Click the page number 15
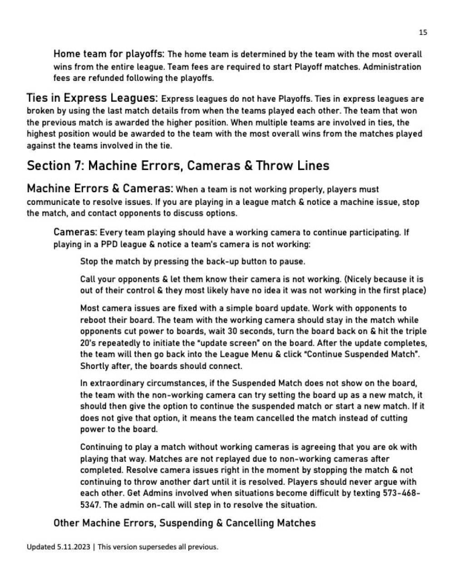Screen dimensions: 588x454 [423, 32]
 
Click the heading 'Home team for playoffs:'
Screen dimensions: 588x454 [109, 54]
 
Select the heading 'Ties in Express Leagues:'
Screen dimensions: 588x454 [92, 98]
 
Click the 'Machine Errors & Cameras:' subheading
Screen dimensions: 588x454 [100, 189]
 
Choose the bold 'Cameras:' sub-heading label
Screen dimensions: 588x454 [75, 232]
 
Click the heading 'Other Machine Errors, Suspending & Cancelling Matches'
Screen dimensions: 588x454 [184, 523]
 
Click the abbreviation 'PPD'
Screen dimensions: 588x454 [109, 244]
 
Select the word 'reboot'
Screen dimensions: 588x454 [93, 320]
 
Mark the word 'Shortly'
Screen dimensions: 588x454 [94, 366]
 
